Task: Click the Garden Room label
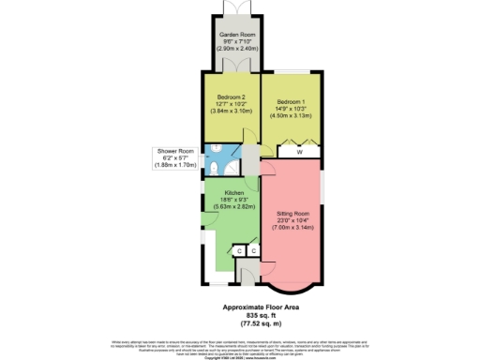click(237, 34)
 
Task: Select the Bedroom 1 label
click(292, 100)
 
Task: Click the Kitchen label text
click(234, 193)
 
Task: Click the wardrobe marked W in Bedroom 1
click(299, 151)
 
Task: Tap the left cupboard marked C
click(238, 251)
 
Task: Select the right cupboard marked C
click(253, 251)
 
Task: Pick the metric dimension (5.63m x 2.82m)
click(234, 206)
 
